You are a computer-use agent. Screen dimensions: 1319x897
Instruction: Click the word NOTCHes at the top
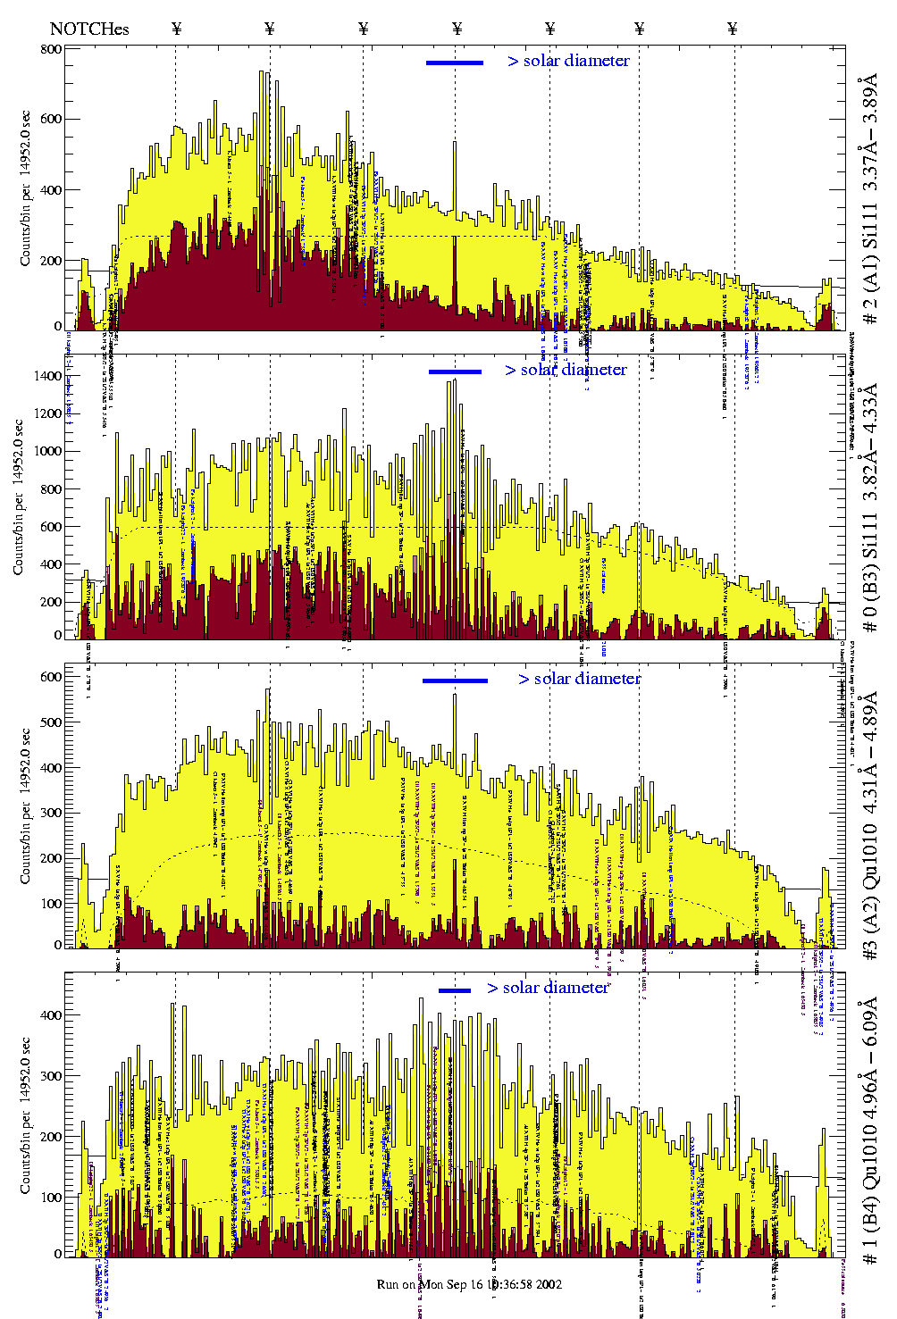(x=89, y=29)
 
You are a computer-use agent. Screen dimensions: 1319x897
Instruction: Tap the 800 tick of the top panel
(x=51, y=49)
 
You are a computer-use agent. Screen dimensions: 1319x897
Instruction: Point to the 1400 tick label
(x=46, y=376)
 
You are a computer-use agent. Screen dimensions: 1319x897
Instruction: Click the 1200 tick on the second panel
(x=46, y=413)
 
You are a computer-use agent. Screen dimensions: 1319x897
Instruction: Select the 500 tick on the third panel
(x=51, y=722)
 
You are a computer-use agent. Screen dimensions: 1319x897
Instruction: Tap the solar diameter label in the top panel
(x=568, y=61)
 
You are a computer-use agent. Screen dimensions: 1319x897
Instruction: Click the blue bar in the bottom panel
(x=455, y=990)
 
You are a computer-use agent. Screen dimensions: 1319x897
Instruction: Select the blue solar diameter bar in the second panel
(x=455, y=371)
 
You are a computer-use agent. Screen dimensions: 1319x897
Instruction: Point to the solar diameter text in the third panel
(x=579, y=679)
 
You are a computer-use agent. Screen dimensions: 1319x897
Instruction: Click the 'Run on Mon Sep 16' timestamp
(x=469, y=1284)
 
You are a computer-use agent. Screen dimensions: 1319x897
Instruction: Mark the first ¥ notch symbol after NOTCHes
(x=176, y=29)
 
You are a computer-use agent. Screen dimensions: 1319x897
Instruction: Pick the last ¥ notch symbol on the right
(x=733, y=29)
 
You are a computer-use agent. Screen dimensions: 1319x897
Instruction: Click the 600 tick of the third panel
(x=51, y=677)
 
